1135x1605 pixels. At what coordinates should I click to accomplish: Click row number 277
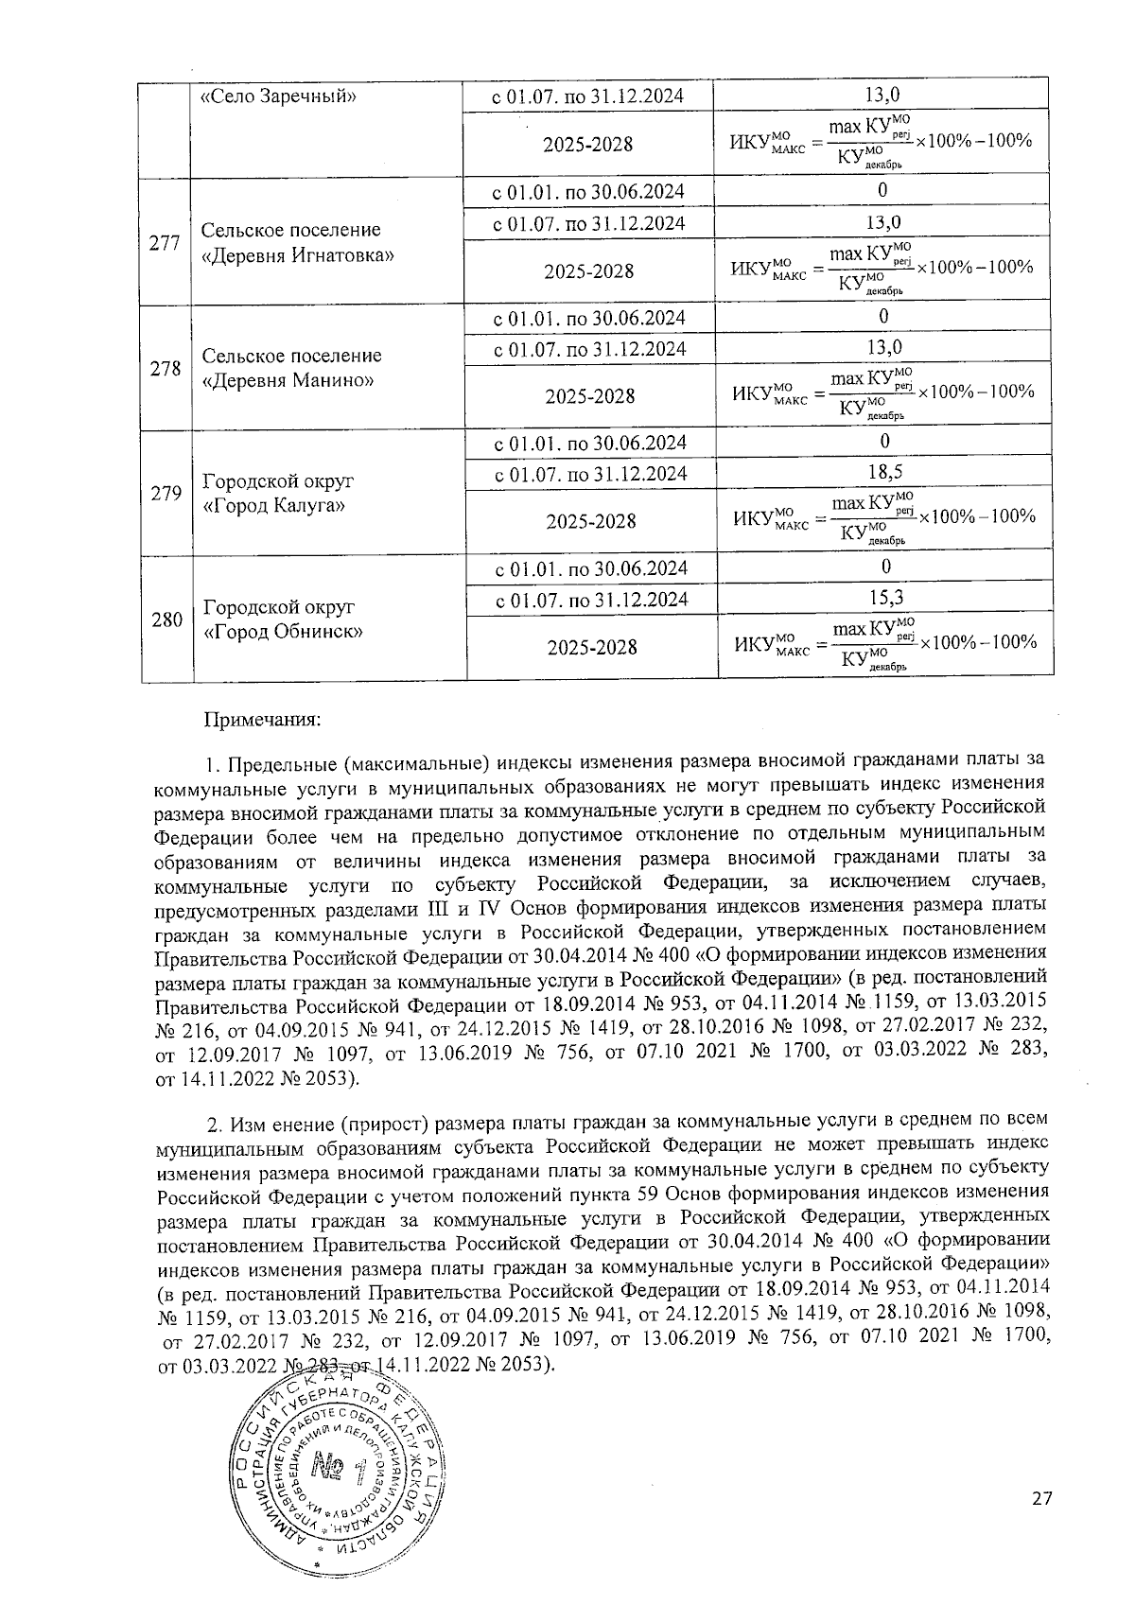click(166, 242)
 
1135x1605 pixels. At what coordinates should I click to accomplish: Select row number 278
click(166, 368)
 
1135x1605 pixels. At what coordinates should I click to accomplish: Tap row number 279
click(166, 493)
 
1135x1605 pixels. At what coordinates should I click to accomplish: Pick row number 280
click(166, 619)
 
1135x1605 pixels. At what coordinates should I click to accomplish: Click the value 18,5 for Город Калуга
click(884, 472)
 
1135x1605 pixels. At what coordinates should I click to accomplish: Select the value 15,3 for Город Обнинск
click(884, 598)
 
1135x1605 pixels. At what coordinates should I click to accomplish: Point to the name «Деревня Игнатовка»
click(299, 256)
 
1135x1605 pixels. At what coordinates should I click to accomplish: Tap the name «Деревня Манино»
click(288, 381)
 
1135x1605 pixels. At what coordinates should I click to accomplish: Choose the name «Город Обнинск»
click(284, 632)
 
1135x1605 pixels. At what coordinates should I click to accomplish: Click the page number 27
click(1041, 1497)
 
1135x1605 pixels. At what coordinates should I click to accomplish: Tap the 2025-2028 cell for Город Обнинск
click(590, 647)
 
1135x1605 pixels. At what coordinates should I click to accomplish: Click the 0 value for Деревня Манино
click(883, 316)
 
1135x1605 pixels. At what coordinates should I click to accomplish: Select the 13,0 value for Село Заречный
click(883, 95)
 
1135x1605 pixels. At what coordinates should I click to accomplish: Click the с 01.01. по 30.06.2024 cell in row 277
click(589, 192)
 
